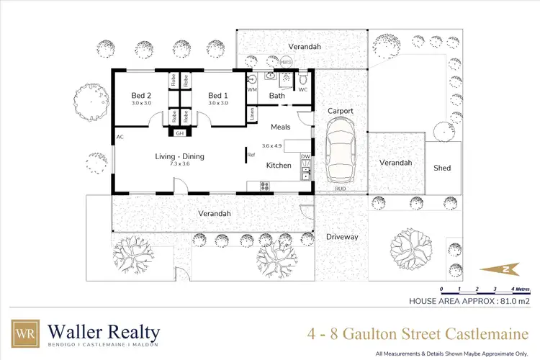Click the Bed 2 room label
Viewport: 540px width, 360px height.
141,95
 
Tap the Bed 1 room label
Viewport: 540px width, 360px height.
218,95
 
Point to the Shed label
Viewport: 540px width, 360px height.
442,168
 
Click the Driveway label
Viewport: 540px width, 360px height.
342,236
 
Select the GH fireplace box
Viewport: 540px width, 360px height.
179,133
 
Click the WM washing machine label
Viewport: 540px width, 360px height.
252,89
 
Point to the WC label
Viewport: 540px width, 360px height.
303,89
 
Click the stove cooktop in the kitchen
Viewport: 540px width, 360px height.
264,186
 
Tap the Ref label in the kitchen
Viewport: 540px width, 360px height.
251,155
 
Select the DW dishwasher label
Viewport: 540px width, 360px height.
305,156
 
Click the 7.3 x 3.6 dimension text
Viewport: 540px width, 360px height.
180,164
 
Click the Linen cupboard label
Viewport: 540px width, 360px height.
253,114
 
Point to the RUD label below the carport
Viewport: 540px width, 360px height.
339,189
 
